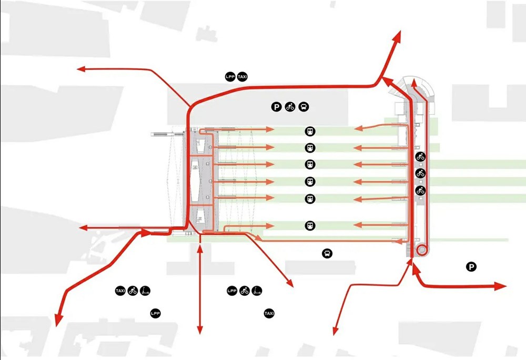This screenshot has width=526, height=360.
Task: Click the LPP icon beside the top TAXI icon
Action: click(x=230, y=77)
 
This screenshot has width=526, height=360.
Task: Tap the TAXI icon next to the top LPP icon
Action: click(x=242, y=77)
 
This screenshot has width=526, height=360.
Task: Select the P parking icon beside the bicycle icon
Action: click(x=276, y=107)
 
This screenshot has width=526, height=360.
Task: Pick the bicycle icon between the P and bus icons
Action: click(x=290, y=107)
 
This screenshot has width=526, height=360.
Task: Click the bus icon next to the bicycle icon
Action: click(x=304, y=107)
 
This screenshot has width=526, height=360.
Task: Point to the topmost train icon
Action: click(x=310, y=131)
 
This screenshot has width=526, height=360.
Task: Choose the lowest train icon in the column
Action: click(x=310, y=225)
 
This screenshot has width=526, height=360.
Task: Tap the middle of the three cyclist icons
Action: click(x=420, y=173)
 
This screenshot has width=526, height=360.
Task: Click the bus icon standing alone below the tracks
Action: click(x=327, y=253)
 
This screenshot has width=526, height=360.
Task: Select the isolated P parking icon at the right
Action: click(x=471, y=267)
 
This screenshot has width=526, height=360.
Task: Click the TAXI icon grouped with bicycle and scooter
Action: click(x=120, y=291)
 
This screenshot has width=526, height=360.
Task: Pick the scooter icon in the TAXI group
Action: click(x=145, y=291)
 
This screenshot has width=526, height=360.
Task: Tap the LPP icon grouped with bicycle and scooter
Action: click(x=232, y=291)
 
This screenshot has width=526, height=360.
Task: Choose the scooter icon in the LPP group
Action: click(x=257, y=291)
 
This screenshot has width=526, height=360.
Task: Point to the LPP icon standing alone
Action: click(x=155, y=313)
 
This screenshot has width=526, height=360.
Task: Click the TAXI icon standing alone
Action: click(x=269, y=313)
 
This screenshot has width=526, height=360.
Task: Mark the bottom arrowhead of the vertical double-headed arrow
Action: click(x=200, y=330)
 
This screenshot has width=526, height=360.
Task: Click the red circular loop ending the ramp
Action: click(x=422, y=250)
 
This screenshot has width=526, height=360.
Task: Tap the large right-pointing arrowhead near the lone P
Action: click(x=501, y=286)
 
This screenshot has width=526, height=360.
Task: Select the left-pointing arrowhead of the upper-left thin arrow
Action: click(x=81, y=69)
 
